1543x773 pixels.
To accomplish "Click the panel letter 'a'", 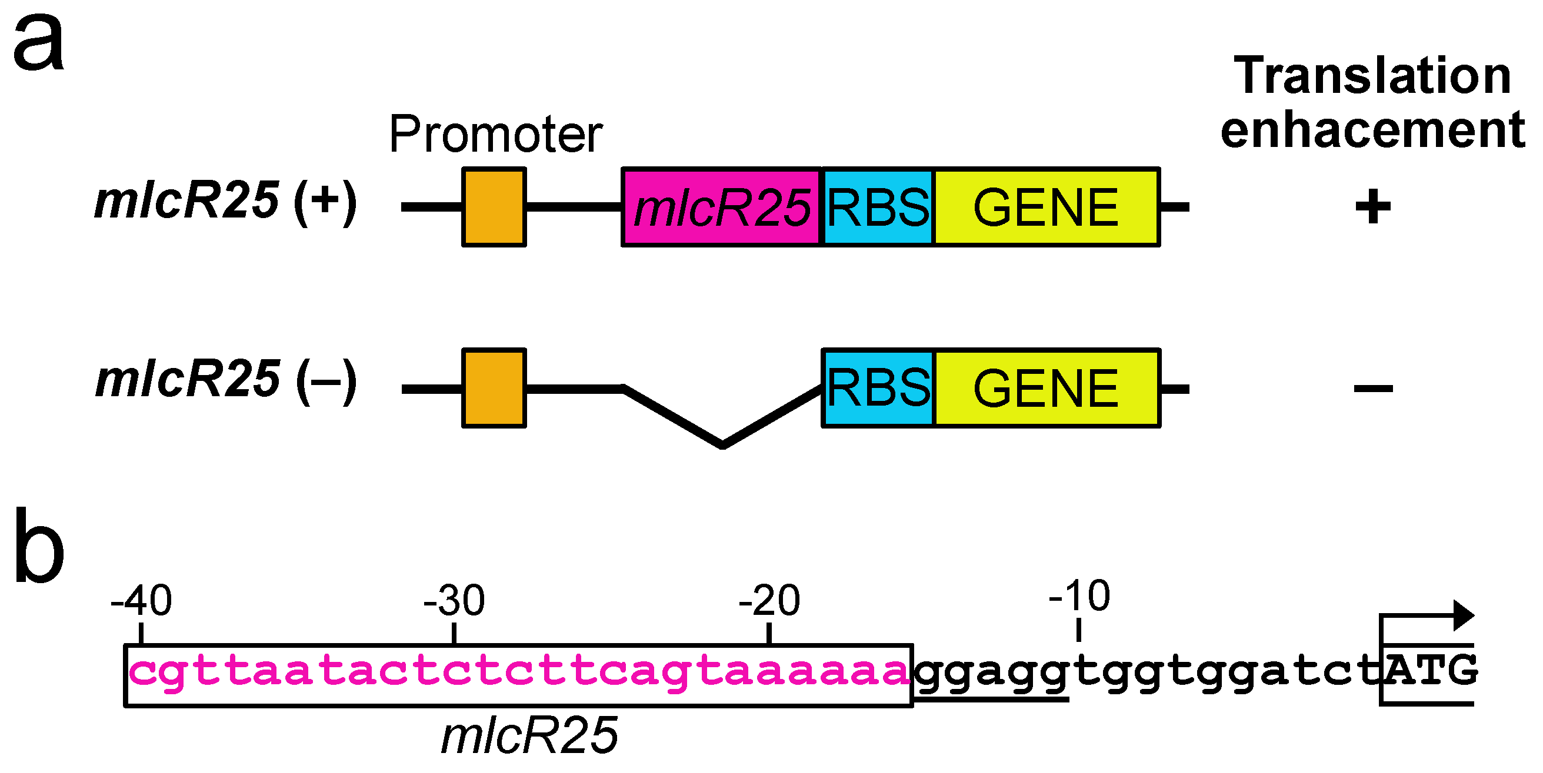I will (39, 43).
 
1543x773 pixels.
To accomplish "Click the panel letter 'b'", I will (39, 546).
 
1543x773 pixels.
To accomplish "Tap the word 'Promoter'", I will (495, 134).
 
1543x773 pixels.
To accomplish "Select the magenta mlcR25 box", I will (721, 207).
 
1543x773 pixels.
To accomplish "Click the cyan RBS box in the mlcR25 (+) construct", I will (878, 207).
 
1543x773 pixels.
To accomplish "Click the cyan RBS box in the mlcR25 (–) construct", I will (878, 388).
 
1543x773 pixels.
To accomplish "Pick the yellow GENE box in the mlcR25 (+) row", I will (1046, 207).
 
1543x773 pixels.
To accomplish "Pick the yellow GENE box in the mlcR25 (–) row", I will (1046, 388).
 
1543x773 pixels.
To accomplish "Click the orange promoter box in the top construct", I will (494, 207).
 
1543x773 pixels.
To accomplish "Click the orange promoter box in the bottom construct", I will (494, 388).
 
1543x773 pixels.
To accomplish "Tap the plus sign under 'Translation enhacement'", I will (1372, 207).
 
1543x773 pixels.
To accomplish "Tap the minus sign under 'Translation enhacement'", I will (1373, 389).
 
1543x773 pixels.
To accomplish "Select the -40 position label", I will (141, 600).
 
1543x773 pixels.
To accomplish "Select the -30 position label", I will (454, 600).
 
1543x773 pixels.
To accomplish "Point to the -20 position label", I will (769, 600).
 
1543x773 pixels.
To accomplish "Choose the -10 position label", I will (1079, 595).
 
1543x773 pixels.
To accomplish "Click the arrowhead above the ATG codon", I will (1464, 615).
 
